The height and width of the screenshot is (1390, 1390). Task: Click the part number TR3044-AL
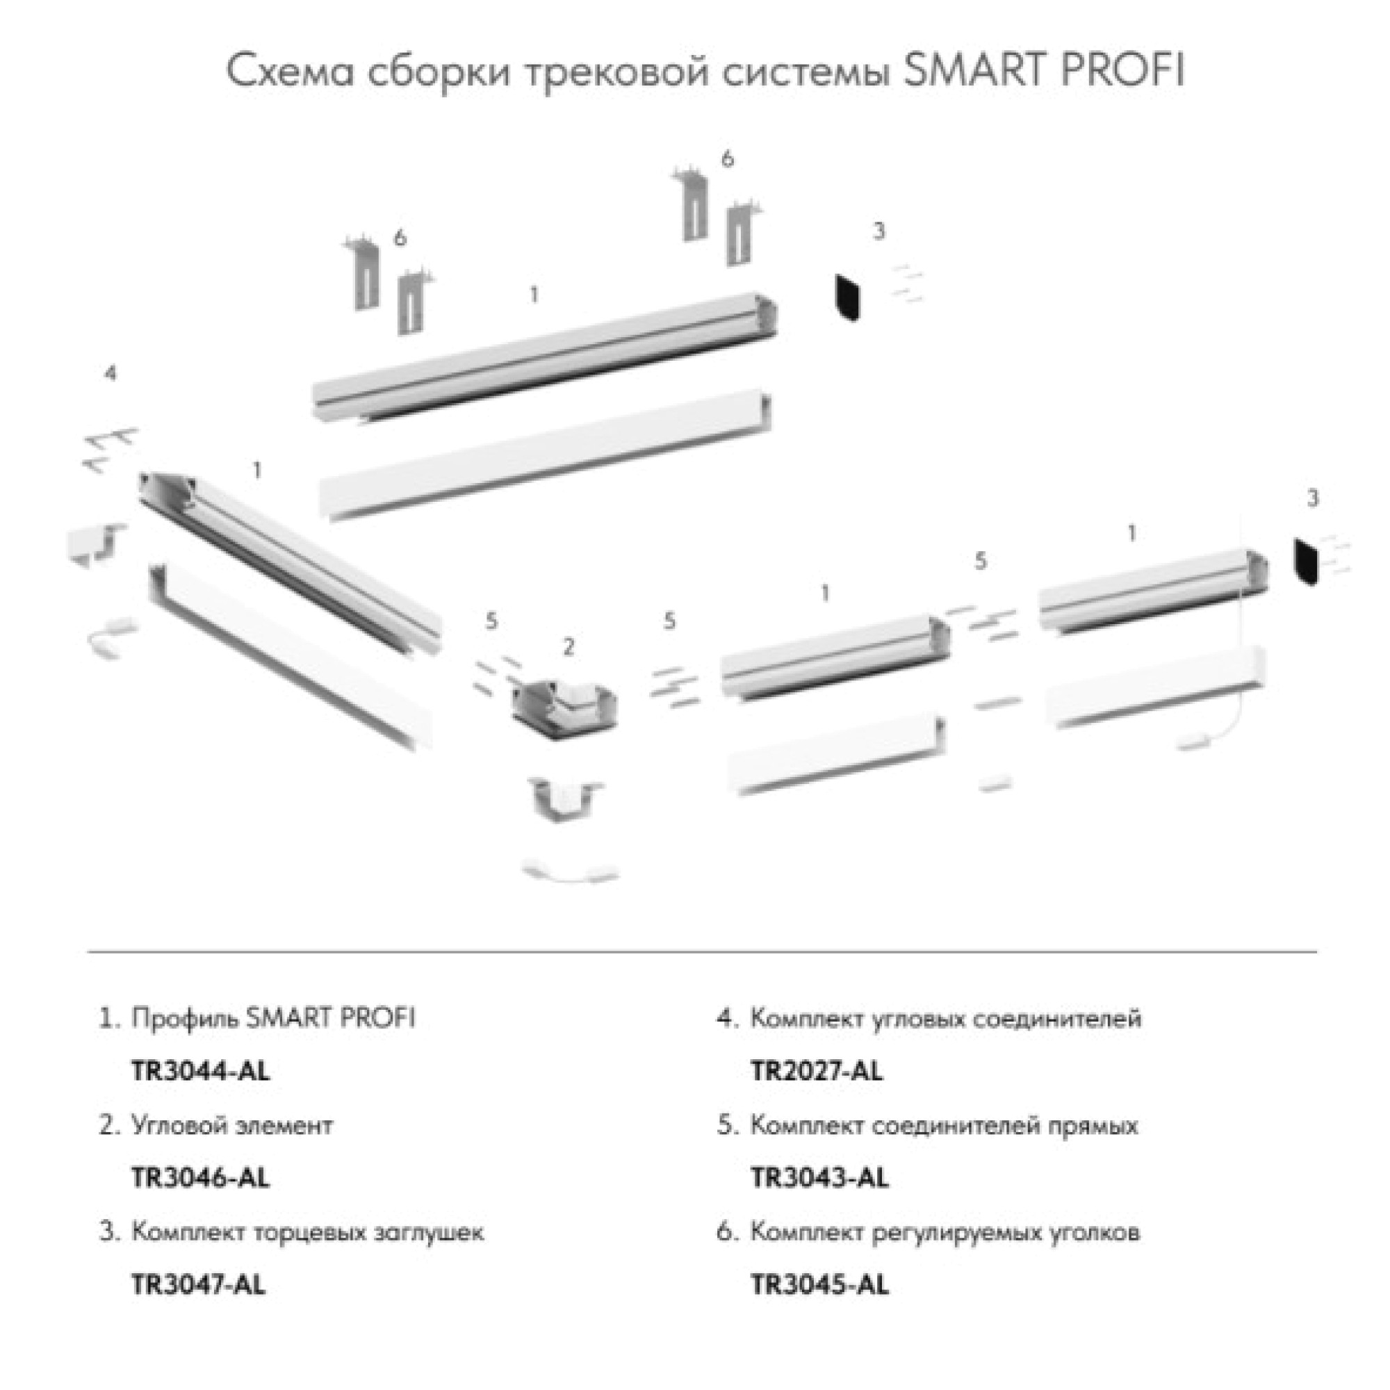coord(200,1072)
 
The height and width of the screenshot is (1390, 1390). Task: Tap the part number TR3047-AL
coord(198,1284)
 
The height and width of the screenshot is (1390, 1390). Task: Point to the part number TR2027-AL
coord(817,1072)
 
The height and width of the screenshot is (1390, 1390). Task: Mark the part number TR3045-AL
coord(819,1284)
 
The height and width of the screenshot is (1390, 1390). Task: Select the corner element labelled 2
coord(564,708)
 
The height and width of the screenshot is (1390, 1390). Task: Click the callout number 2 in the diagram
coord(569,647)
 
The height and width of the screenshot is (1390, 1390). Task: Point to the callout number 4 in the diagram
coord(110,373)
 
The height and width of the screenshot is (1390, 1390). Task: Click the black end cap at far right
coord(1305,562)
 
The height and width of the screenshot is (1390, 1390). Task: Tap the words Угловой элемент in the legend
coord(231,1125)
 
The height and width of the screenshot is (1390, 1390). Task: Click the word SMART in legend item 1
coord(288,1019)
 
